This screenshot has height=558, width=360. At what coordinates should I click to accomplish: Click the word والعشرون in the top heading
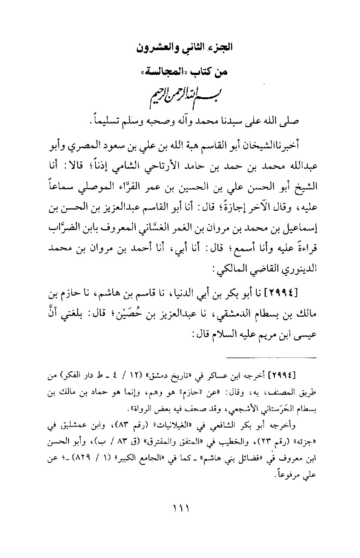154,48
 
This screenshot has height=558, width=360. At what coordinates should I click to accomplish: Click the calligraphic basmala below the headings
180,97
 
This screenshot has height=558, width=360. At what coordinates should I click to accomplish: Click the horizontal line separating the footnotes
270,357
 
